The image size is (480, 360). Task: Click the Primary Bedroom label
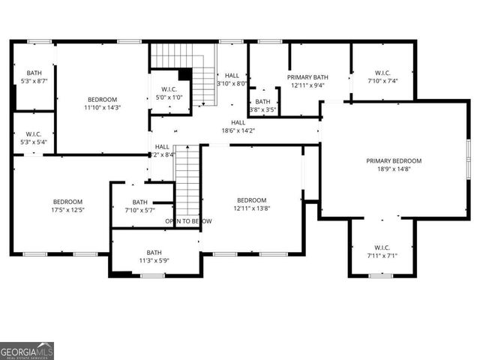click(394, 160)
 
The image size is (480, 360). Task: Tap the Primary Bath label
click(307, 76)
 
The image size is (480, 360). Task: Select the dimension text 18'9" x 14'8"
click(394, 169)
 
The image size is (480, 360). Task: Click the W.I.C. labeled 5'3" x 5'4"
click(31, 134)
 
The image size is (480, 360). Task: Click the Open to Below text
click(188, 221)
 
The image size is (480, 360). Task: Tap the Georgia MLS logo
click(27, 351)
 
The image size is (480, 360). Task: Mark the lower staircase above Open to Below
click(187, 180)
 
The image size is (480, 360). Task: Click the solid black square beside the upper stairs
click(184, 74)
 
